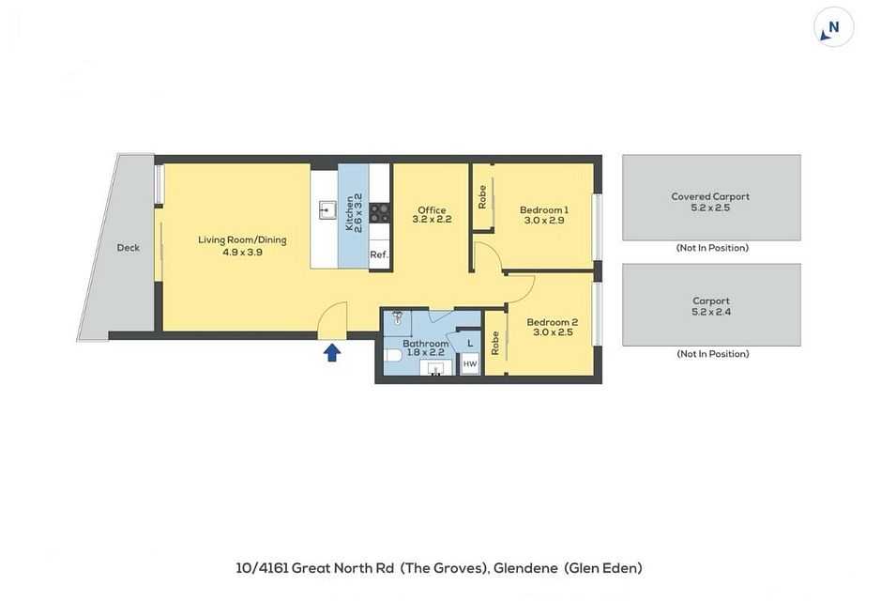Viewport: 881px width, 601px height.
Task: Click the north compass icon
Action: pyautogui.click(x=833, y=27)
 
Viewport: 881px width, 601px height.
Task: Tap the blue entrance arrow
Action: pyautogui.click(x=332, y=352)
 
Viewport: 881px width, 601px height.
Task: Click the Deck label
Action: pyautogui.click(x=129, y=247)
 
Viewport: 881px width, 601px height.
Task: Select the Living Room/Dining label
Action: pyautogui.click(x=242, y=240)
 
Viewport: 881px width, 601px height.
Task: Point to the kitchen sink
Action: pyautogui.click(x=326, y=210)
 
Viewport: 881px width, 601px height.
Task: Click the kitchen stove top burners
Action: pyautogui.click(x=379, y=213)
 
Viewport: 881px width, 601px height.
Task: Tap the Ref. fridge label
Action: pyautogui.click(x=379, y=254)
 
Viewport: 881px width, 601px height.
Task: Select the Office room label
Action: pyautogui.click(x=432, y=209)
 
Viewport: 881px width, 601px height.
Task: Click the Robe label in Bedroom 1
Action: pyautogui.click(x=481, y=197)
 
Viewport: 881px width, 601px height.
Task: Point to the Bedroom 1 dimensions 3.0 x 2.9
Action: pyautogui.click(x=544, y=221)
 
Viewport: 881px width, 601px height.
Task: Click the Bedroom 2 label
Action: pyautogui.click(x=552, y=322)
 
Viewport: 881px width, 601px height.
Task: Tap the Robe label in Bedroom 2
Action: pyautogui.click(x=495, y=343)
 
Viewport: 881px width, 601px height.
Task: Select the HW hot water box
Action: pyautogui.click(x=470, y=364)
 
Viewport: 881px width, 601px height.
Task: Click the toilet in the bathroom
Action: pyautogui.click(x=393, y=356)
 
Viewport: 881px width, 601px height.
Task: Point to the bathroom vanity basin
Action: pyautogui.click(x=436, y=369)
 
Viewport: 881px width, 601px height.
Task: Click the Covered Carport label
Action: pyautogui.click(x=710, y=196)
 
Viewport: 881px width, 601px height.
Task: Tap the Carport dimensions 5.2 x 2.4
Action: pyautogui.click(x=711, y=312)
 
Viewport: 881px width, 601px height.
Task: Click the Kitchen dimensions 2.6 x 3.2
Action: pyautogui.click(x=358, y=213)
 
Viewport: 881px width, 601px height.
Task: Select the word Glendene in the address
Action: pyautogui.click(x=524, y=568)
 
